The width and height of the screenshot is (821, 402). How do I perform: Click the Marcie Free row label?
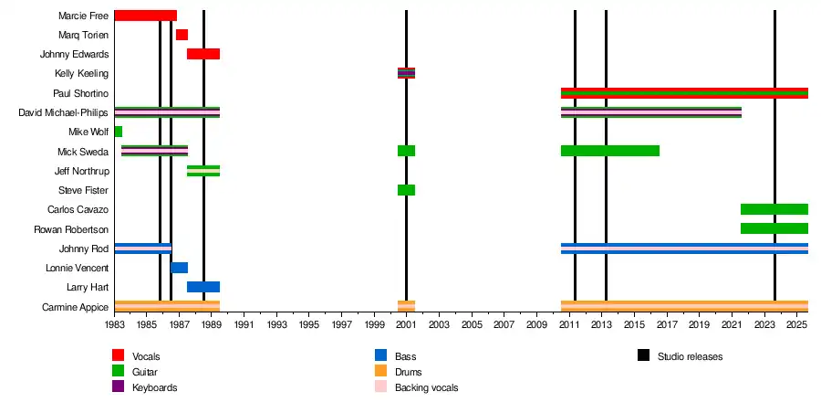tap(83, 16)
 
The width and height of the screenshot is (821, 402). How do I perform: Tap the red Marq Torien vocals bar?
tap(182, 35)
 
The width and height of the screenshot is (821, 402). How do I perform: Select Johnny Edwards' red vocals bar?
tap(203, 54)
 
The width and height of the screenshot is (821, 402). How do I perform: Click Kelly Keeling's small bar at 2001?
tap(406, 73)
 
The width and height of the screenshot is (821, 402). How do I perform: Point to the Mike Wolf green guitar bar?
tap(119, 132)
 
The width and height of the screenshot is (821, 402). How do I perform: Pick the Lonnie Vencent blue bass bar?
tap(180, 268)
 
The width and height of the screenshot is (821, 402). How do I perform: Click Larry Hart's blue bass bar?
tap(203, 287)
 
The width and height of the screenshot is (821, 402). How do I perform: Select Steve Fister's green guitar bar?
tap(406, 190)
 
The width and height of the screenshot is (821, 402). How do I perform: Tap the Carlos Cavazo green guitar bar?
tap(774, 209)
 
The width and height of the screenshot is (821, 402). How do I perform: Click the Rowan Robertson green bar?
tap(774, 228)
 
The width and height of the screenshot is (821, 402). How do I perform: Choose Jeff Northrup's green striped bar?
tap(203, 171)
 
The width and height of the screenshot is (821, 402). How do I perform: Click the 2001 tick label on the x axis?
tap(406, 324)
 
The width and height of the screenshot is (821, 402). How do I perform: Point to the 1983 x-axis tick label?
tap(115, 324)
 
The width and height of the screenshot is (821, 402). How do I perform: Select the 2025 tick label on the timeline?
tap(795, 324)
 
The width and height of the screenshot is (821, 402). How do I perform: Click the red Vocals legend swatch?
tap(119, 355)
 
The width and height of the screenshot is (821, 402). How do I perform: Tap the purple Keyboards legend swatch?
tap(119, 387)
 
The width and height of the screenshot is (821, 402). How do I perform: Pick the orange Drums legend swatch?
tap(381, 372)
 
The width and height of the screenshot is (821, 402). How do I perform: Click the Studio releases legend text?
tap(690, 356)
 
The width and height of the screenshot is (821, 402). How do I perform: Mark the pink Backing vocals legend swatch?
tap(381, 387)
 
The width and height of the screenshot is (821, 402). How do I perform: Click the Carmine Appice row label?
tap(75, 307)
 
